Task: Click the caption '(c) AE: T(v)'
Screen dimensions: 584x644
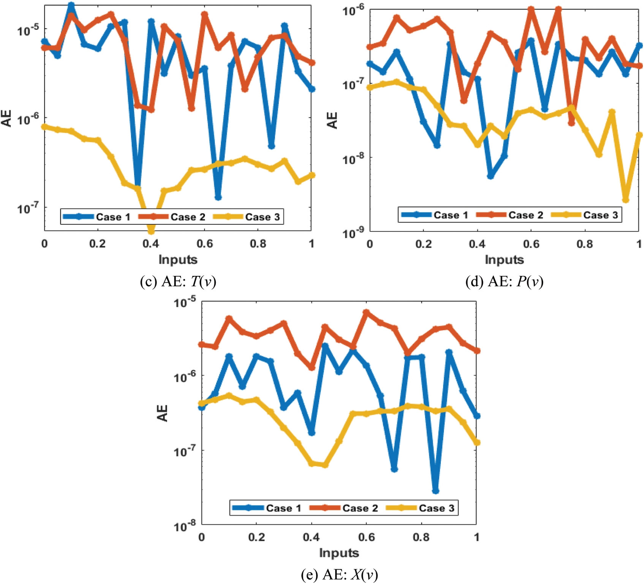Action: pos(178,281)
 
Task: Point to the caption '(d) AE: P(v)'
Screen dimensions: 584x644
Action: pos(504,281)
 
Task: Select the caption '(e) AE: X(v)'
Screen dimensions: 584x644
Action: pos(339,575)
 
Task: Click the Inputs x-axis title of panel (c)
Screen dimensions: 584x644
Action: pos(178,260)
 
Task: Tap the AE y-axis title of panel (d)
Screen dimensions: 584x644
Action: pos(332,120)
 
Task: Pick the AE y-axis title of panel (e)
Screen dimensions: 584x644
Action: pos(163,413)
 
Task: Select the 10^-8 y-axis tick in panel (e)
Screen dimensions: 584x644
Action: pos(185,526)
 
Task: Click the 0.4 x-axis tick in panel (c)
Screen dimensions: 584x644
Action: pos(151,244)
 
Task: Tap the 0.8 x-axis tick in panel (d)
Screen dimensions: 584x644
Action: pos(584,244)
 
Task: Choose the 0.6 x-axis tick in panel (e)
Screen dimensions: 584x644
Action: pos(367,537)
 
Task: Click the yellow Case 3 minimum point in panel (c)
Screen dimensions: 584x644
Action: pos(151,230)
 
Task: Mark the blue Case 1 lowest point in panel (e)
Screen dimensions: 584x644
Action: pos(435,491)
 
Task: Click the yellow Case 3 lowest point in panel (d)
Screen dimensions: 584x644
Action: pos(625,200)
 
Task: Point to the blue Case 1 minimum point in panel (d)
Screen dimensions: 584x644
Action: pos(491,176)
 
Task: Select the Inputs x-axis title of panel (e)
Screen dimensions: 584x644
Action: pos(339,553)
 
